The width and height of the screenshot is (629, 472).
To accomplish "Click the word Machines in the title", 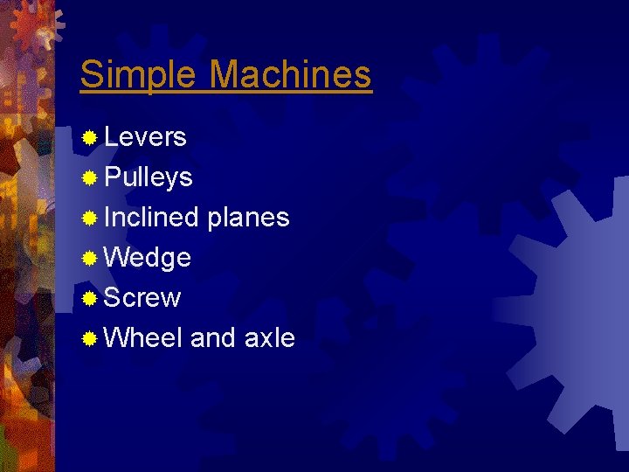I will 290,74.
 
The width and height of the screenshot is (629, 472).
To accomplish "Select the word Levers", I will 145,137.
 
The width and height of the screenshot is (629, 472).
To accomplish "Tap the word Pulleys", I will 149,178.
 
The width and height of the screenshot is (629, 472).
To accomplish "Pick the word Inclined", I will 151,218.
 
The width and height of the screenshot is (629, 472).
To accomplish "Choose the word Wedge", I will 147,258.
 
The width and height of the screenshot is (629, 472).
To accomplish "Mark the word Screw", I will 142,298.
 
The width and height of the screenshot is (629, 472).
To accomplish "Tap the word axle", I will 269,337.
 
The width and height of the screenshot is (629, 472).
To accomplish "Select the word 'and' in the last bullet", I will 212,337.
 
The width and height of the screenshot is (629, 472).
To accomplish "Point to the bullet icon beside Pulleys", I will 88,178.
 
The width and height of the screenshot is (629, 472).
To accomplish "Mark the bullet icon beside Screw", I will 88,299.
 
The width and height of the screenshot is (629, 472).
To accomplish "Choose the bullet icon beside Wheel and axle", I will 88,339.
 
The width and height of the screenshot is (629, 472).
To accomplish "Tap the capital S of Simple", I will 91,74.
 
